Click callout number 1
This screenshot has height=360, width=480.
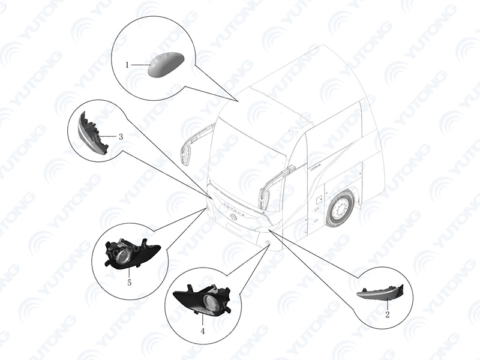click(x=127, y=65)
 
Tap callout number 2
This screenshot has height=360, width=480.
click(x=387, y=314)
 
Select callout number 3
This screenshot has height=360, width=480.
click(x=121, y=137)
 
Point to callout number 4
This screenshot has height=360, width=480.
click(x=202, y=331)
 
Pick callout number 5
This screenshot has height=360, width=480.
click(x=129, y=283)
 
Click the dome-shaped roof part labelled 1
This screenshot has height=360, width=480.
click(x=166, y=65)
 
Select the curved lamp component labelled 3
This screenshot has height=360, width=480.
click(x=91, y=134)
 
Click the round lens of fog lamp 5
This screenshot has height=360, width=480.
click(x=122, y=254)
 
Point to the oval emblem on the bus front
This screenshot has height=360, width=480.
click(x=234, y=217)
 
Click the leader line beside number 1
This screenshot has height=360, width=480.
click(x=140, y=65)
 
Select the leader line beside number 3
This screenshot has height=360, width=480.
click(x=108, y=137)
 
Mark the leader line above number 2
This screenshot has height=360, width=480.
click(x=387, y=304)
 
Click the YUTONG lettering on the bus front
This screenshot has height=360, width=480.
click(x=235, y=208)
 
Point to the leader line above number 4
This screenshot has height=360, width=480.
click(x=202, y=319)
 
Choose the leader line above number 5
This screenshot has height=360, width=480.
click(x=129, y=272)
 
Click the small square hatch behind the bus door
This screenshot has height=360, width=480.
click(x=319, y=199)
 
